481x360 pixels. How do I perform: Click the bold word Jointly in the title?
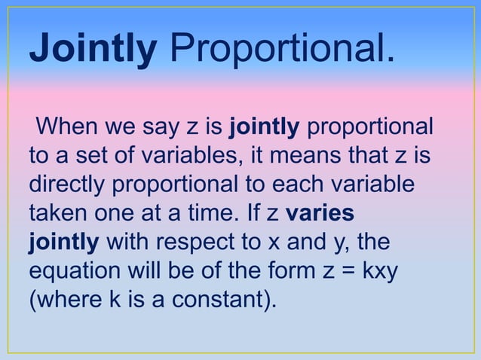pos(92,48)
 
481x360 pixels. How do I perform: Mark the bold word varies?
pos(320,214)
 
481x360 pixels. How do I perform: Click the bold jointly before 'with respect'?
pos(63,243)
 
